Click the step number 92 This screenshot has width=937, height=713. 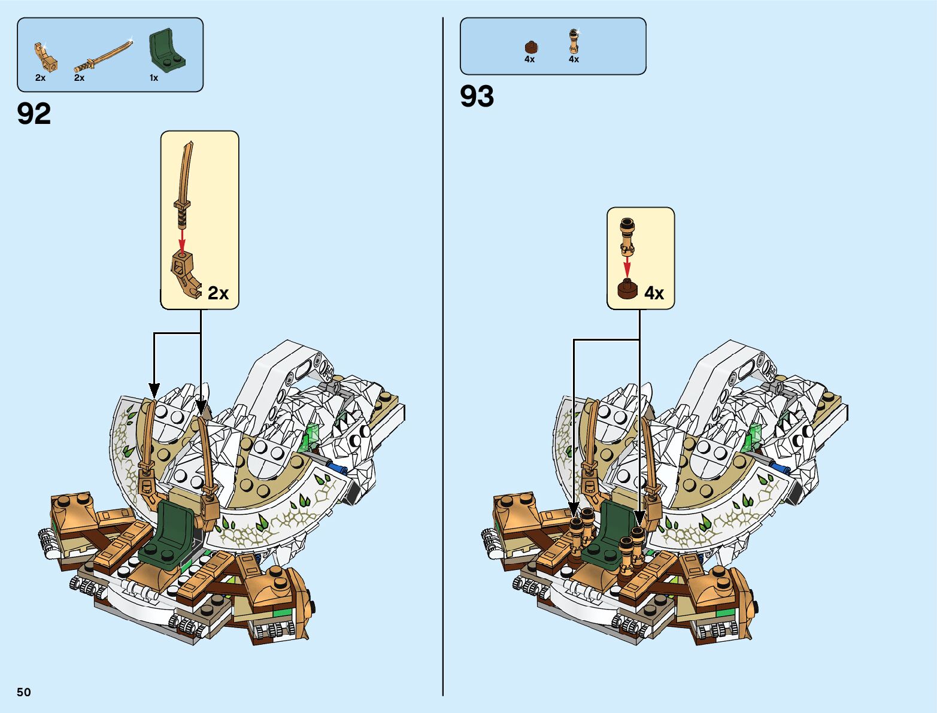34,114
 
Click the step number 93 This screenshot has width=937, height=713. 477,96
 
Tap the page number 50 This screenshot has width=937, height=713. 23,692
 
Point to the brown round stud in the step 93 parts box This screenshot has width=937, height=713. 530,47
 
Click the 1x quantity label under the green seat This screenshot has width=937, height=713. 154,78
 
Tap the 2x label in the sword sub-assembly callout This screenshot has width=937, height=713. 219,293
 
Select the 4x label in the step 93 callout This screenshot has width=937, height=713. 654,293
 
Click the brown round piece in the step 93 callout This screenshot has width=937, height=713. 627,290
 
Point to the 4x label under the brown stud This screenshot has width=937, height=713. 529,59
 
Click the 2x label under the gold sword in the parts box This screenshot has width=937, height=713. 79,78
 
